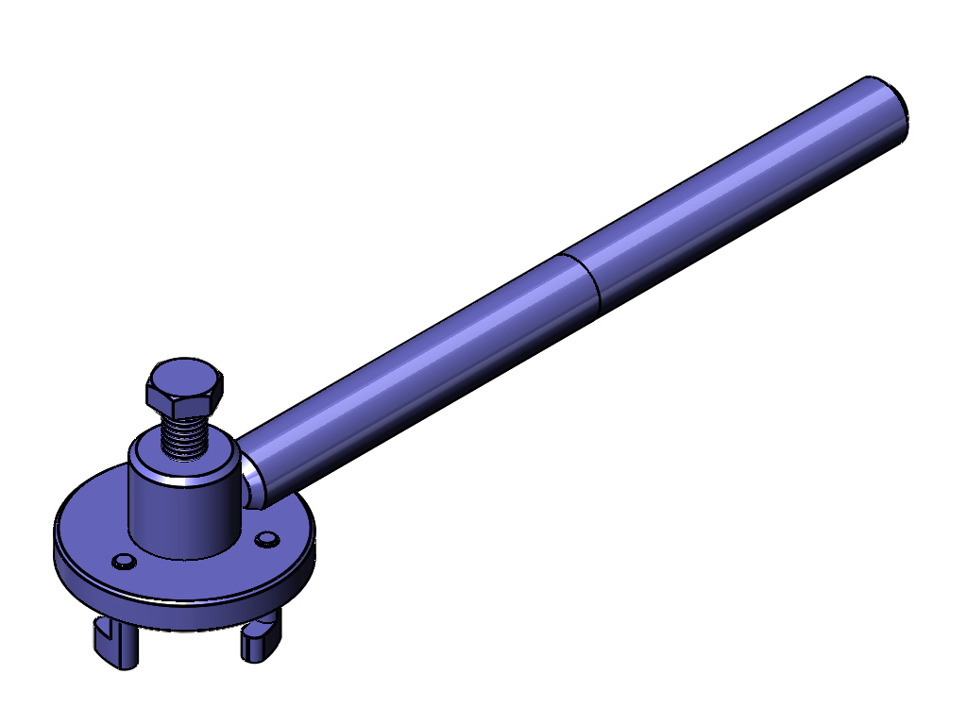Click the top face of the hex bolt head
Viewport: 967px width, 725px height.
(x=186, y=374)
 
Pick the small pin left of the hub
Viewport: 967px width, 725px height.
(x=123, y=562)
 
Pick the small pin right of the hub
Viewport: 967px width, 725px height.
(x=268, y=538)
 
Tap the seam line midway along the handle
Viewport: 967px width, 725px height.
(x=584, y=282)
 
